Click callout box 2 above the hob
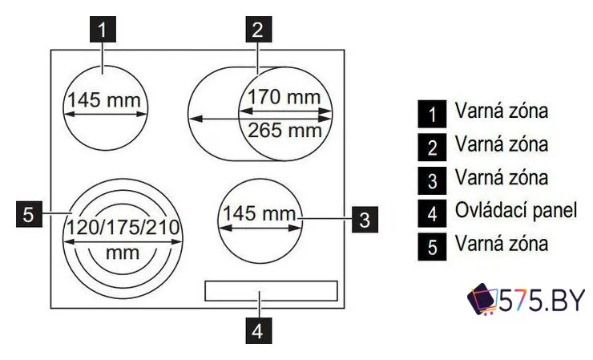[x=256, y=30]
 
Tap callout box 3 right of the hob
[x=363, y=216]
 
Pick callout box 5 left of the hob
[x=28, y=214]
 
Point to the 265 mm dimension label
[x=284, y=129]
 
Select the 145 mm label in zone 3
[x=258, y=214]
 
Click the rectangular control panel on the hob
[x=270, y=291]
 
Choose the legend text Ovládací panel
[x=515, y=210]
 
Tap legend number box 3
[x=432, y=180]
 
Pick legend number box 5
[x=432, y=245]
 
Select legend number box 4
[x=432, y=212]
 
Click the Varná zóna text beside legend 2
[x=501, y=145]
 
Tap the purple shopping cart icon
[x=482, y=301]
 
